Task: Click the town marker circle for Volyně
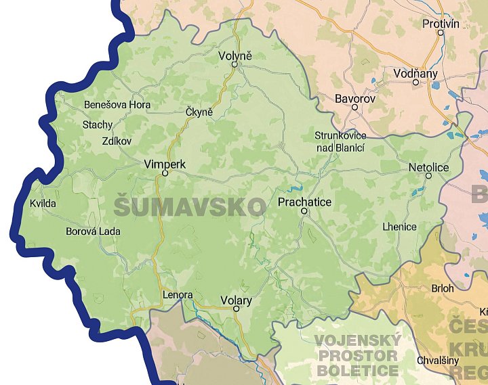tap(235, 65)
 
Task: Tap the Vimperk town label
tap(164, 164)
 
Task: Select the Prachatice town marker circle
tap(304, 211)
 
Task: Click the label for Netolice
tap(428, 166)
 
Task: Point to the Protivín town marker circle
tap(441, 32)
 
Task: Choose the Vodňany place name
tap(415, 73)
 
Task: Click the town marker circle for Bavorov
tap(354, 107)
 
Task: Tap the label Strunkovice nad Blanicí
tap(340, 141)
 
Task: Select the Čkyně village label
tap(199, 112)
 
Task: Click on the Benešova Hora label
tap(117, 105)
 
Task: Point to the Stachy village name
tap(98, 124)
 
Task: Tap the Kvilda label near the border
tap(43, 203)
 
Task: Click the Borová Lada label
tap(93, 231)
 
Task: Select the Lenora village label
tap(178, 295)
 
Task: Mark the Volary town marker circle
tap(236, 309)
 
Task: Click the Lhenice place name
tap(400, 226)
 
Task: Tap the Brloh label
tap(442, 288)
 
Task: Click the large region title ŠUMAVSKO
tap(190, 207)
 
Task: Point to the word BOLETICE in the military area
tap(358, 371)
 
